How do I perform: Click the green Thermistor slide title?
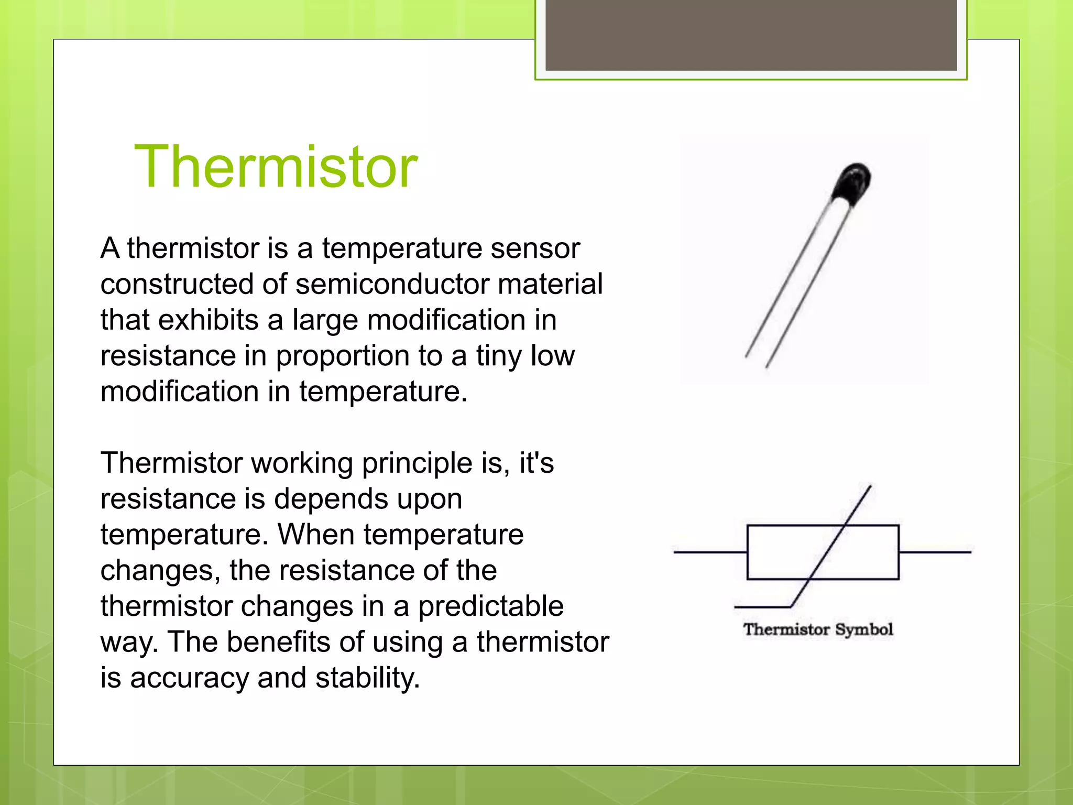[x=276, y=167]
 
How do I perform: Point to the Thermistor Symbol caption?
[x=818, y=629]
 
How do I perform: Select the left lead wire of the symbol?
[x=709, y=552]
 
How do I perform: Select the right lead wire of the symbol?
[x=935, y=552]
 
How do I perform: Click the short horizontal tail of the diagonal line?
[x=762, y=607]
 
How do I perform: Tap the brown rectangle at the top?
[x=751, y=35]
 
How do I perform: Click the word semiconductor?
[x=392, y=284]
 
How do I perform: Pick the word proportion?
[x=343, y=356]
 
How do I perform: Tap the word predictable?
[x=490, y=606]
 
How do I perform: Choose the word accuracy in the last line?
[x=189, y=678]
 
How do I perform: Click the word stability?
[x=367, y=678]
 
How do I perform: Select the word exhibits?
[x=209, y=320]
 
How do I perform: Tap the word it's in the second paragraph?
[x=536, y=463]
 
